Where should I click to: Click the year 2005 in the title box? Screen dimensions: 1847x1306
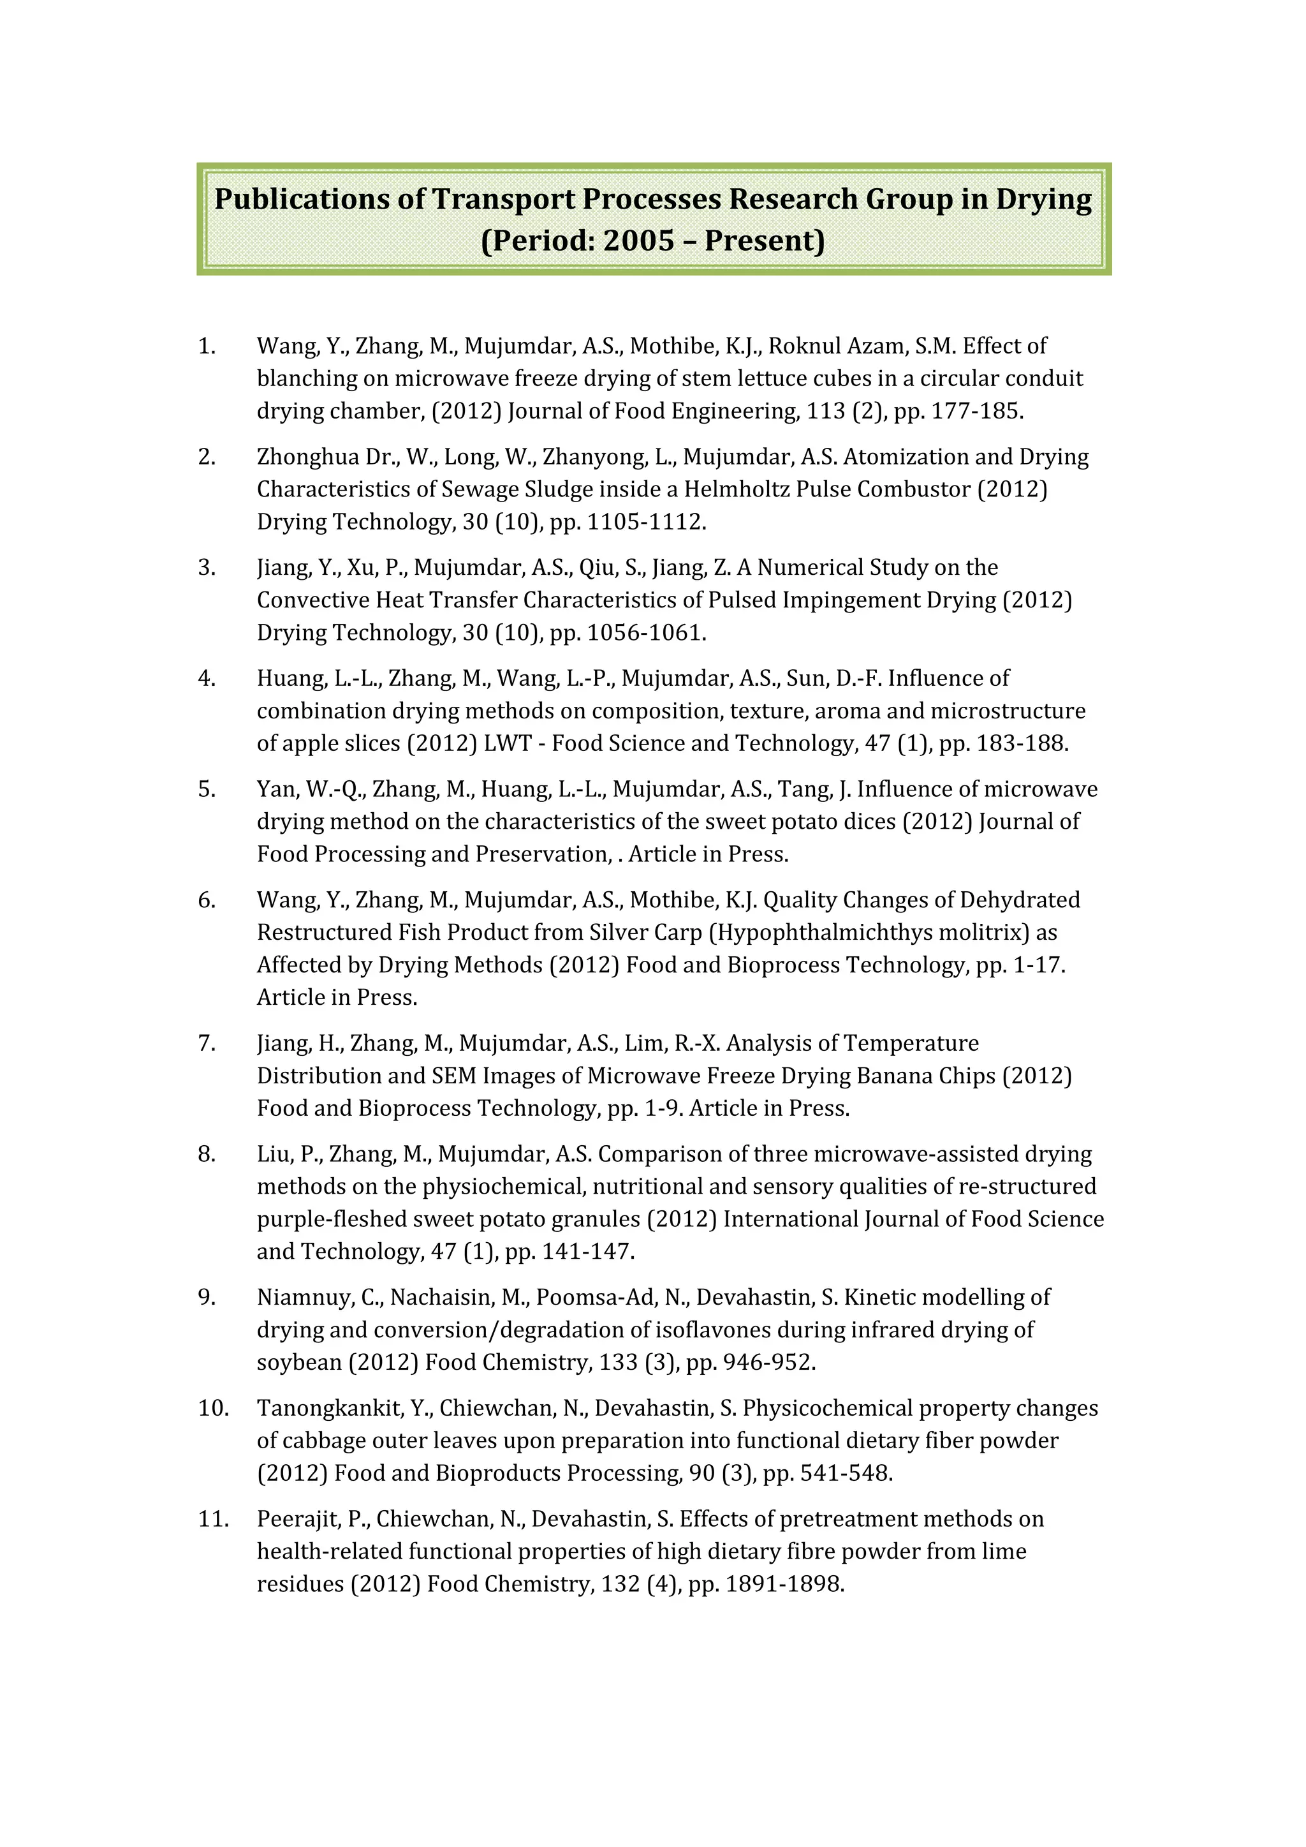click(x=638, y=241)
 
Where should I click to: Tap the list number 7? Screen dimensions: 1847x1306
click(x=206, y=1043)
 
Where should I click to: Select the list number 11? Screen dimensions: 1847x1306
click(x=213, y=1519)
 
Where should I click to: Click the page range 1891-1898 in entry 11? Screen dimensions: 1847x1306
click(x=784, y=1584)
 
